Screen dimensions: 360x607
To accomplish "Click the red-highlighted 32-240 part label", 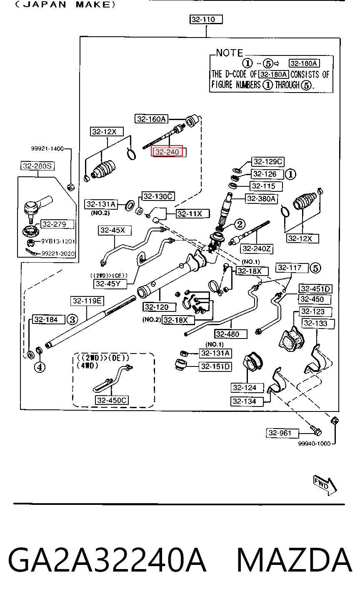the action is pyautogui.click(x=167, y=151).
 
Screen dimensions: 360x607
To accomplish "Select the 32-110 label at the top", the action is pyautogui.click(x=206, y=20).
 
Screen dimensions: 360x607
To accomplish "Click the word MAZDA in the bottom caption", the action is pyautogui.click(x=295, y=559).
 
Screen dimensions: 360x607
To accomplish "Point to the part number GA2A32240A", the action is pyautogui.click(x=107, y=560).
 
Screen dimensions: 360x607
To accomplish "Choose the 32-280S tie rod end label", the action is pyautogui.click(x=37, y=166).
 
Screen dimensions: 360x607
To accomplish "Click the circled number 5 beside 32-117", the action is pyautogui.click(x=315, y=268).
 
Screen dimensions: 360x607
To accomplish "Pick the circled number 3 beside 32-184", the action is pyautogui.click(x=72, y=319).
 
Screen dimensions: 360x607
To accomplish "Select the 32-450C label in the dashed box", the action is pyautogui.click(x=112, y=400).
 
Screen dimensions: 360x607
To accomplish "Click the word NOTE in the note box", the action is pyautogui.click(x=230, y=53).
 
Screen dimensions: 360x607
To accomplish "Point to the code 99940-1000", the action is pyautogui.click(x=314, y=444).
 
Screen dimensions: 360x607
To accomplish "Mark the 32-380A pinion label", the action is pyautogui.click(x=261, y=198).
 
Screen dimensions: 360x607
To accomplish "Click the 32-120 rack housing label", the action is pyautogui.click(x=159, y=307).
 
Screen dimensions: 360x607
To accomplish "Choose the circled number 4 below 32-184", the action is pyautogui.click(x=40, y=367).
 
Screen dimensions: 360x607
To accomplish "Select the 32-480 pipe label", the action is pyautogui.click(x=230, y=334).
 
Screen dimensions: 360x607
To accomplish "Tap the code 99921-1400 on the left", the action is pyautogui.click(x=47, y=148).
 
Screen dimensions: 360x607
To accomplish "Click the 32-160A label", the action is pyautogui.click(x=151, y=119).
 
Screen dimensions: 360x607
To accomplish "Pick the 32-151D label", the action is pyautogui.click(x=215, y=366).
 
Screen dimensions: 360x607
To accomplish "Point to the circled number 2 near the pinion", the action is pyautogui.click(x=240, y=224).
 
